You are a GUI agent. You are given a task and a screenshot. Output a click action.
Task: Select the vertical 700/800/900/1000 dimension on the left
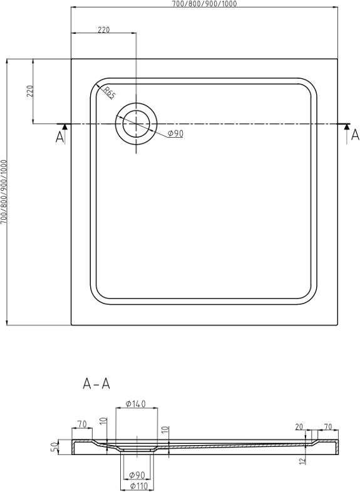tap(4, 192)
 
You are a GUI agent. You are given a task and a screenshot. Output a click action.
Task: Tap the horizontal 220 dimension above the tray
tap(103, 29)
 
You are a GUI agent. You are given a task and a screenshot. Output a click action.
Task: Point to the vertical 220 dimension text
tap(30, 91)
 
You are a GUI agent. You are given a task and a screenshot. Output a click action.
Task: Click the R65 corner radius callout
tap(109, 93)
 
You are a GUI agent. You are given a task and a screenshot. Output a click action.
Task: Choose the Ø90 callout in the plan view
tap(175, 134)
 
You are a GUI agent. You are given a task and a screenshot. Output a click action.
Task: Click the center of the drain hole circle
tap(136, 124)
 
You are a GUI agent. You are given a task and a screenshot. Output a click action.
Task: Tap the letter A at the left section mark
tap(59, 137)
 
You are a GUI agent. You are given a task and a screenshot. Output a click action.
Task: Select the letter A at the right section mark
tap(355, 135)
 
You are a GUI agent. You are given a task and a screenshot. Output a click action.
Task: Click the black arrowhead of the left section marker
tap(64, 126)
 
